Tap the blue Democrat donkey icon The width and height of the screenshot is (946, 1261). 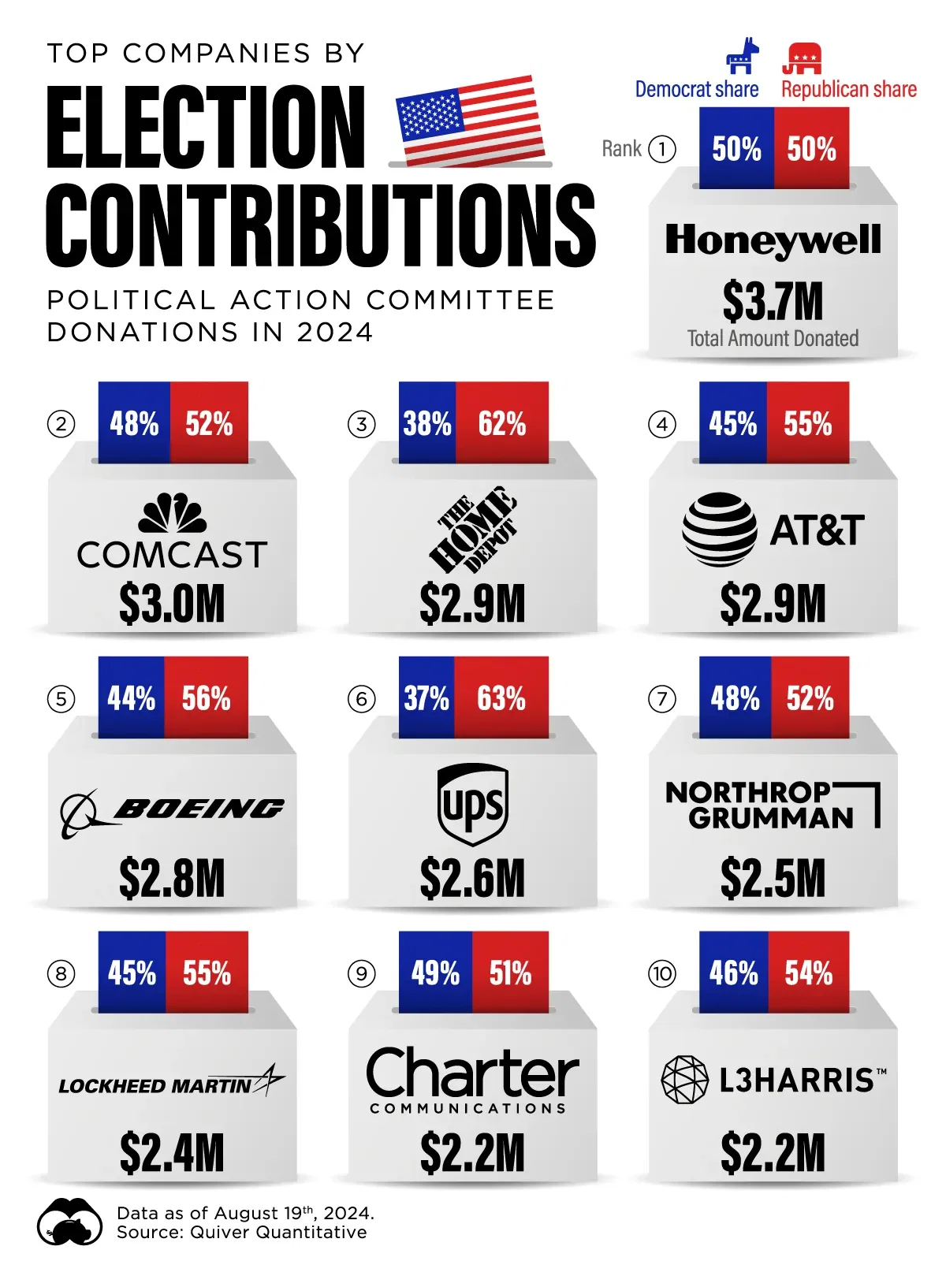741,57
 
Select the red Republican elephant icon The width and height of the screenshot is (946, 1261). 802,58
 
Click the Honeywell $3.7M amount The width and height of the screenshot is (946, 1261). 773,301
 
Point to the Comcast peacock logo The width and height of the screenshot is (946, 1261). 173,514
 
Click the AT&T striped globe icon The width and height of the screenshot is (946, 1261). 719,530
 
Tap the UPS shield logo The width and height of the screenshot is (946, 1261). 473,804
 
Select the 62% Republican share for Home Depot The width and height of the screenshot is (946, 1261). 502,424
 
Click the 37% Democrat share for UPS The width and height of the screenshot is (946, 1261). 426,698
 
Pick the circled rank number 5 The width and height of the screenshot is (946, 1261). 61,699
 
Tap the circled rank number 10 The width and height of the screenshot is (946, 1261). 662,974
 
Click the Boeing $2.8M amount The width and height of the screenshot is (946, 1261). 172,879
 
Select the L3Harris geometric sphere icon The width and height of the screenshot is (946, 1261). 684,1080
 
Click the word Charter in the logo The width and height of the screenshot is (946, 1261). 472,1073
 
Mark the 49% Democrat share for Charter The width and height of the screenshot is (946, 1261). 435,973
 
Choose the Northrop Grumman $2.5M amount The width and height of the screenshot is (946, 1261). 773,879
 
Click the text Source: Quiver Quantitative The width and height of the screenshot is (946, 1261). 241,1233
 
